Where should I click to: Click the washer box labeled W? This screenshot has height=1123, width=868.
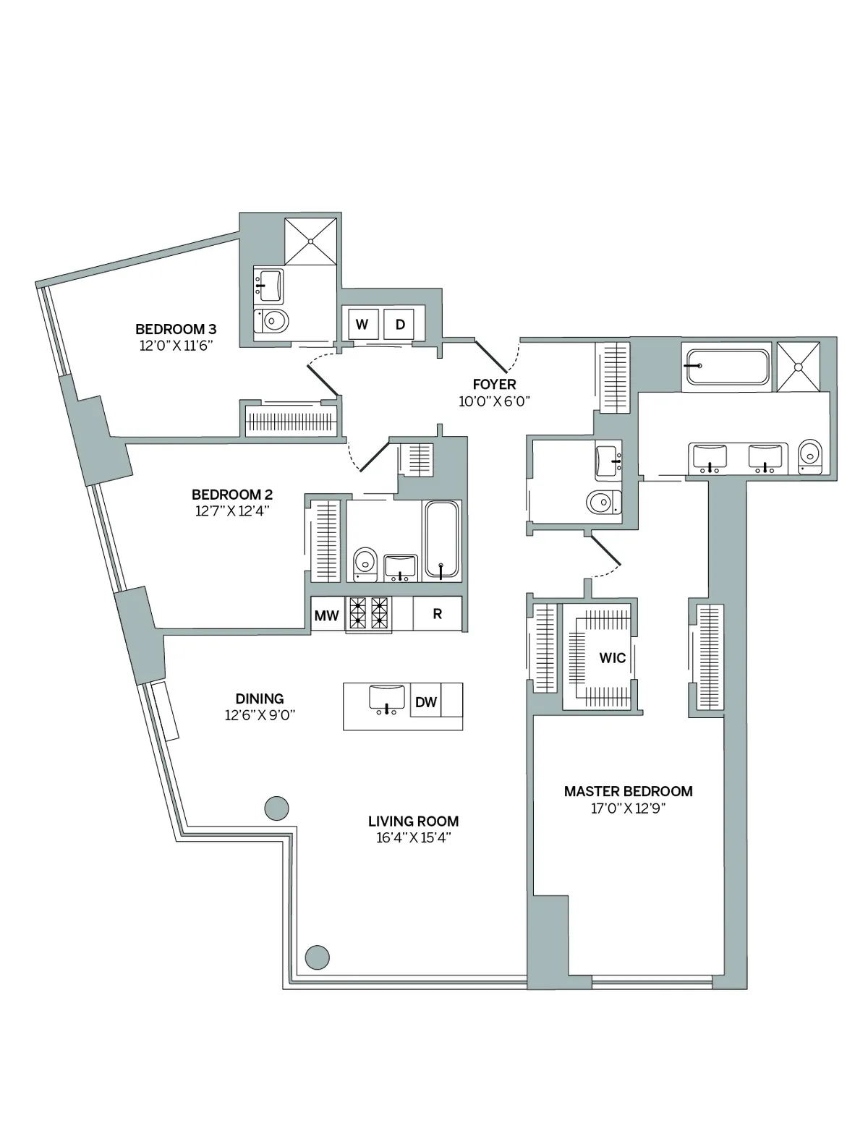click(x=362, y=325)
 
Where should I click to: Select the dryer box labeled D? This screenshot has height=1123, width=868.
click(x=399, y=325)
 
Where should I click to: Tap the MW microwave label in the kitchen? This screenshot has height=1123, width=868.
click(x=327, y=615)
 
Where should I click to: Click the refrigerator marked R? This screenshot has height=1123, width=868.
click(x=437, y=614)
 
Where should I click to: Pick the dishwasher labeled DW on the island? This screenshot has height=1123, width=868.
click(x=426, y=701)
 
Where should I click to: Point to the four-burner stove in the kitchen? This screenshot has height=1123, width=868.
click(x=369, y=613)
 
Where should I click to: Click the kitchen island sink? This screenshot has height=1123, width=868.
click(x=388, y=699)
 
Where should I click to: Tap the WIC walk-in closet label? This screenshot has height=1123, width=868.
click(x=612, y=658)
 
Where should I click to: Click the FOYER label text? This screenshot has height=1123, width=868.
click(x=495, y=384)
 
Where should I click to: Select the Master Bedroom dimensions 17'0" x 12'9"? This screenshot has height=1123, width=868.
click(x=628, y=808)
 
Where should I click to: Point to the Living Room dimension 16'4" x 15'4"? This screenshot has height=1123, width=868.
click(x=413, y=838)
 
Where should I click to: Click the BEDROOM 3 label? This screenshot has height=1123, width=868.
click(x=176, y=328)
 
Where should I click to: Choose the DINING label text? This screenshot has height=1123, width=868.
click(x=260, y=699)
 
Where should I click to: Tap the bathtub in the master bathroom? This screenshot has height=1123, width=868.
click(x=727, y=367)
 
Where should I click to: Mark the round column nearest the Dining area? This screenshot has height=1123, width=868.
click(x=276, y=807)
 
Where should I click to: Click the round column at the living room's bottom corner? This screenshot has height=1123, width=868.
click(x=317, y=957)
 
